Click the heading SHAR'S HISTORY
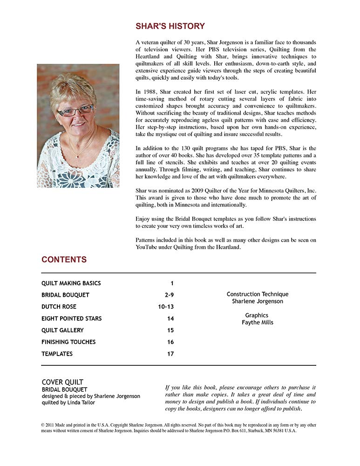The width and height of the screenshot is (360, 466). [x=170, y=26]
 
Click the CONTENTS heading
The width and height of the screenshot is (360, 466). [x=64, y=260]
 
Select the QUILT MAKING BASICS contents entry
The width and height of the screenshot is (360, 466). [x=71, y=283]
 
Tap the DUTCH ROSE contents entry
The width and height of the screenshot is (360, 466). [x=59, y=307]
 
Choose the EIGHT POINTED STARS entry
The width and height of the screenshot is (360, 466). [x=71, y=319]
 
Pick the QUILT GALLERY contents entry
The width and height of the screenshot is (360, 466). [x=62, y=330]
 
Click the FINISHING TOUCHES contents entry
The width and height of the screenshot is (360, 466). [x=68, y=342]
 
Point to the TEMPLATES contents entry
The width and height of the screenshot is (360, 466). [x=57, y=354]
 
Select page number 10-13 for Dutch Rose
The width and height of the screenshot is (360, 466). [x=166, y=307]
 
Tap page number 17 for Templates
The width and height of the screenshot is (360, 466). [x=170, y=354]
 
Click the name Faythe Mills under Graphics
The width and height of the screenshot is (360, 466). [x=257, y=322]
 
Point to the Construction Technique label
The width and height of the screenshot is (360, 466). [x=257, y=294]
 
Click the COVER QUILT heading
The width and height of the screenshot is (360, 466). [x=62, y=382]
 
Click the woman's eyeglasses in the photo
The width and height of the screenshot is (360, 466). [x=75, y=111]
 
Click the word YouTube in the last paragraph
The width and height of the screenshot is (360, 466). [x=147, y=247]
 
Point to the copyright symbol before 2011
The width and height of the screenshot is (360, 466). [x=43, y=425]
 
